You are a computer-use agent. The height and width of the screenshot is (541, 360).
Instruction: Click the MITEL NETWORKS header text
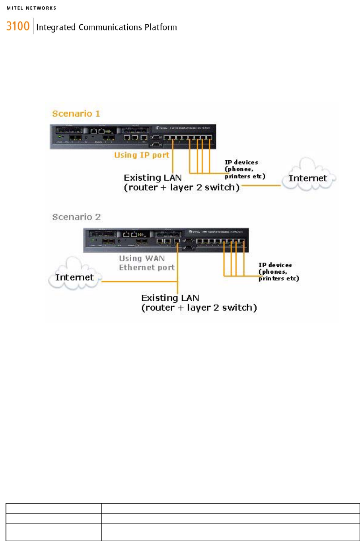(x=31, y=8)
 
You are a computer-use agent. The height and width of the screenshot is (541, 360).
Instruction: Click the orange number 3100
(x=18, y=26)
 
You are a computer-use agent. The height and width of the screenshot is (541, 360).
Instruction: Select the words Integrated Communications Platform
(x=106, y=27)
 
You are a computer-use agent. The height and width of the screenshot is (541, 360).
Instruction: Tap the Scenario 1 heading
(x=76, y=114)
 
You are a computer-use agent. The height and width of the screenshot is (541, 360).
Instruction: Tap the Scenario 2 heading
(x=76, y=217)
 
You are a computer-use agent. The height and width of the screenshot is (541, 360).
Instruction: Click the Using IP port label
(x=141, y=155)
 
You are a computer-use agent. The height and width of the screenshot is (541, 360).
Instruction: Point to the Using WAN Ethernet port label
(x=146, y=263)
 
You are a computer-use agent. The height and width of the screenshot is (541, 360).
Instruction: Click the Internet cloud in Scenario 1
(x=308, y=178)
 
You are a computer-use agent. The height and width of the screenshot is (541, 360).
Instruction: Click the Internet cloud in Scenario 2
(x=74, y=277)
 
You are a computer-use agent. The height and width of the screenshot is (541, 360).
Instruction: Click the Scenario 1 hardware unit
(x=133, y=136)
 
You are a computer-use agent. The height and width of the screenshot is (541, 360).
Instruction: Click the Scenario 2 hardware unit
(x=165, y=240)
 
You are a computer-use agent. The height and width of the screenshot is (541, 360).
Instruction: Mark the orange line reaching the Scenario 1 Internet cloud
(x=261, y=185)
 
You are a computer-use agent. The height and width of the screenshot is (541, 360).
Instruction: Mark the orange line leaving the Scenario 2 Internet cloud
(x=139, y=282)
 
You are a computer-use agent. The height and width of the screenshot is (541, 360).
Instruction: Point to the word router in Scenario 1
(x=143, y=188)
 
